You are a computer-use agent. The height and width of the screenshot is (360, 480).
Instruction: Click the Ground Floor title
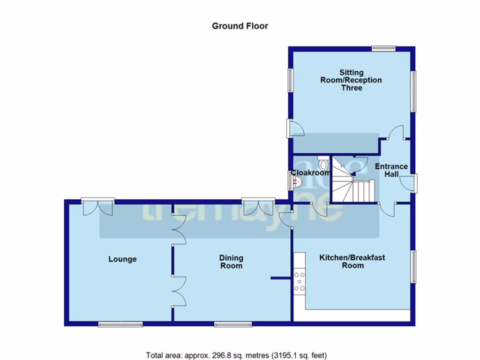[x=240, y=26]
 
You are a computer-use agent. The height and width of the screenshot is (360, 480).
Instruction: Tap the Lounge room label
[x=122, y=259]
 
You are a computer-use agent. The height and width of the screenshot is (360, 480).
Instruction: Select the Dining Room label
[x=231, y=262]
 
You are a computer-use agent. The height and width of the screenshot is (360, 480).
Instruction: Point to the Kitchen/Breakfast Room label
[x=352, y=261]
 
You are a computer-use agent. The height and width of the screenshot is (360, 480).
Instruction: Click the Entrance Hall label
[x=391, y=170]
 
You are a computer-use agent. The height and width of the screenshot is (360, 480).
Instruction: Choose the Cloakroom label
[x=311, y=172]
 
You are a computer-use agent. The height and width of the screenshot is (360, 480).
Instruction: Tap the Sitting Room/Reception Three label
[x=351, y=80]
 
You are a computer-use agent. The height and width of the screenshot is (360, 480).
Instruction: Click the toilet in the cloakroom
[x=323, y=164]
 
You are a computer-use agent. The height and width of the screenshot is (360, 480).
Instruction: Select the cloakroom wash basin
[x=296, y=181]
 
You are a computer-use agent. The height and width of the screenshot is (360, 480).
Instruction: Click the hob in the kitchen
[x=300, y=282]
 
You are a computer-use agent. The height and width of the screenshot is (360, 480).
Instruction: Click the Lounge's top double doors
[x=97, y=207]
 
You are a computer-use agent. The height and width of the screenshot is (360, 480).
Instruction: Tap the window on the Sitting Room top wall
[x=383, y=48]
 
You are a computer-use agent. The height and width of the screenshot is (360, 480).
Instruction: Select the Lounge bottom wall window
[x=120, y=324]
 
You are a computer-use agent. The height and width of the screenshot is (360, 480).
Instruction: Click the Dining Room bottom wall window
[x=233, y=324]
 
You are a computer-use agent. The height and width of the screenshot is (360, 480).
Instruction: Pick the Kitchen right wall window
[x=413, y=266]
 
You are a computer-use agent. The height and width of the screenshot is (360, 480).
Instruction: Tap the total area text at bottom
[x=236, y=355]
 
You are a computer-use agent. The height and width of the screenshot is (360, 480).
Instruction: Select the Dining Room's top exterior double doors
[x=258, y=206]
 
